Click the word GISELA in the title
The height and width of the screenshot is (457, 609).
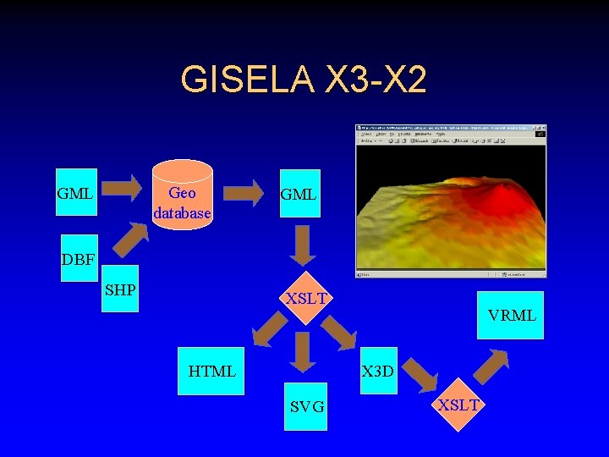(x=245, y=80)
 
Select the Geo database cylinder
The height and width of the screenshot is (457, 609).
(x=182, y=194)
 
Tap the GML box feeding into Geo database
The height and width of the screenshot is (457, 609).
(x=75, y=194)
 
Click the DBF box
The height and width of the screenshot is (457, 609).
(x=78, y=258)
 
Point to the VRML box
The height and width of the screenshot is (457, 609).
(x=510, y=315)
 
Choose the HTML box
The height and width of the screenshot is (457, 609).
(x=211, y=371)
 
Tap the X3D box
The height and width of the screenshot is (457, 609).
(x=377, y=371)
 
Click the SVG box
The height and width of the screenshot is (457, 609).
(x=306, y=407)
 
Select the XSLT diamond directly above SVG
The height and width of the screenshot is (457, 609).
(x=305, y=299)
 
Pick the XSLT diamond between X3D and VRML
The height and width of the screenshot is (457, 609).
(x=458, y=405)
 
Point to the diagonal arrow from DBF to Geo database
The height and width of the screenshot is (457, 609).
(x=129, y=240)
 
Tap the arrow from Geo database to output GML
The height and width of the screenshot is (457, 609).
(x=246, y=193)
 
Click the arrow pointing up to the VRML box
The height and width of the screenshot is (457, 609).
(x=491, y=365)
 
